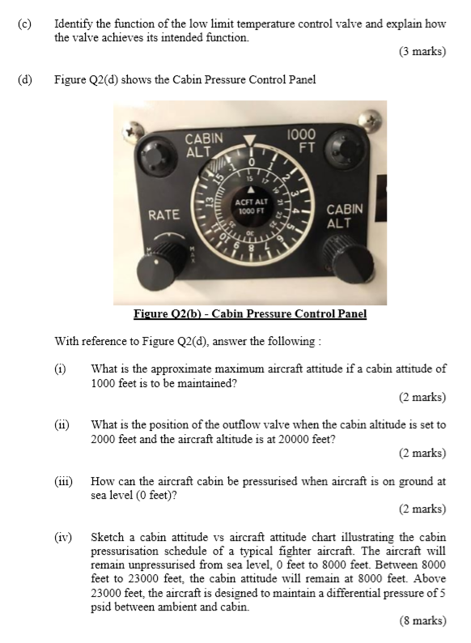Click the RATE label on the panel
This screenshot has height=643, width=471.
click(163, 215)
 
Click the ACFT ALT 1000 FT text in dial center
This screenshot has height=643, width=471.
click(251, 206)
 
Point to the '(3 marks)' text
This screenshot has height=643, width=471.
click(422, 52)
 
